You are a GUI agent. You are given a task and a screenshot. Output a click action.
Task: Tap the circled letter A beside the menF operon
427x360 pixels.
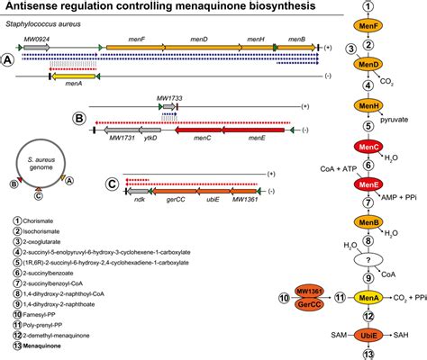tap(8, 58)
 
